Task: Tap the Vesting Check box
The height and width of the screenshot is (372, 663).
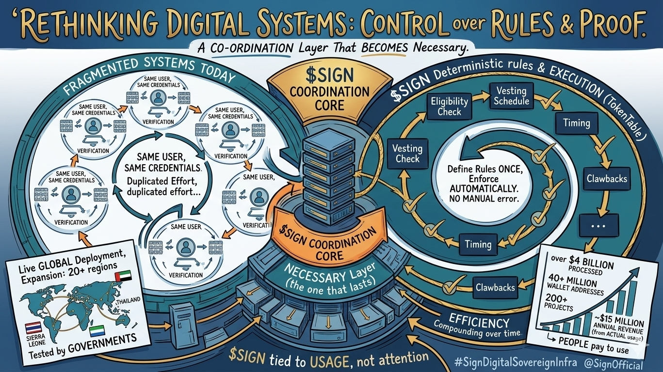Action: [407, 153]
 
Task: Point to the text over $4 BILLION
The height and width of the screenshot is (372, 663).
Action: [582, 265]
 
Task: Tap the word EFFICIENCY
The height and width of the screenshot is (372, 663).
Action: [479, 322]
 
